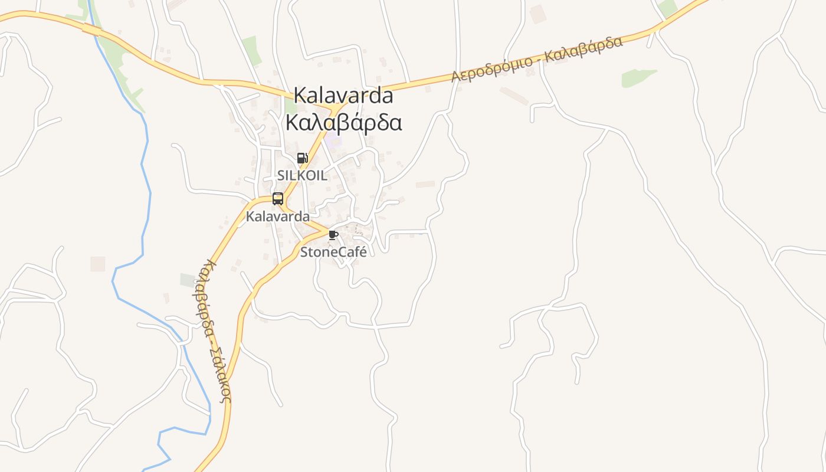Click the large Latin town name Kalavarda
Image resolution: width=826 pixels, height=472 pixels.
coord(343,94)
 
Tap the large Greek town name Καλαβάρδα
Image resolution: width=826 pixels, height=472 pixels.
coord(343,123)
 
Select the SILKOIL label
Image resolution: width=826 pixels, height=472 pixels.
coord(302,175)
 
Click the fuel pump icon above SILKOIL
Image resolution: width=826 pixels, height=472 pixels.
coord(302,158)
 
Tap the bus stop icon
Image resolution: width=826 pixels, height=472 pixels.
coord(278,199)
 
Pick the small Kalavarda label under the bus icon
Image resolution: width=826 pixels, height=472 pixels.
coord(277,217)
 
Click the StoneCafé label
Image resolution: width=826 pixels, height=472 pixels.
coord(333,252)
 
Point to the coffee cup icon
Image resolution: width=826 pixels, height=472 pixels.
coord(333,235)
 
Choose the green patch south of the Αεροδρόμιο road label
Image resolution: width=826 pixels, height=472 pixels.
coord(637,77)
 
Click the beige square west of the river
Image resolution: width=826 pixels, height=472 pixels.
coord(97,264)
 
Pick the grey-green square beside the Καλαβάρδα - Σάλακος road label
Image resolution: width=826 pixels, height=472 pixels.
coord(188,280)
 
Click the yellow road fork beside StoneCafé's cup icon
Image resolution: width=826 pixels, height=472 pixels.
coord(323,231)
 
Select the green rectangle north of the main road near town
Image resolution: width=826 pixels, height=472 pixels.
coord(251,51)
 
